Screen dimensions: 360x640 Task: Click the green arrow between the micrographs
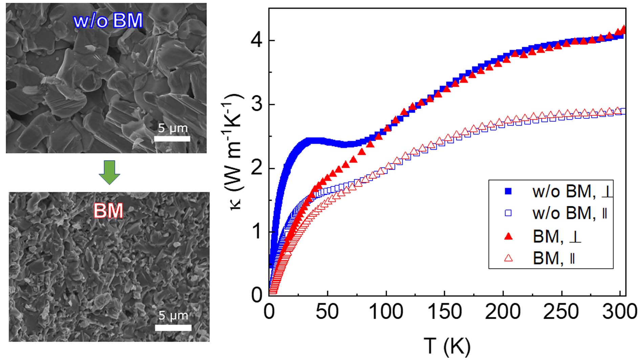(x=109, y=172)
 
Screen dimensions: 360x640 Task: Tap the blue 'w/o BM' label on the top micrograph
(x=108, y=21)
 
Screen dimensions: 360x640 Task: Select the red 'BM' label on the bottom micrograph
(x=108, y=211)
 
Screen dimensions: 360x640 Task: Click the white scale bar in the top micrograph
(x=172, y=139)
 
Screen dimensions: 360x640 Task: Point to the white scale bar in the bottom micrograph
(x=173, y=327)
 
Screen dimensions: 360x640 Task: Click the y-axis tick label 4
(x=256, y=41)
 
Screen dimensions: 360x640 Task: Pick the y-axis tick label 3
(x=256, y=105)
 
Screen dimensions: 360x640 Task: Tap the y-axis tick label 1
(x=256, y=232)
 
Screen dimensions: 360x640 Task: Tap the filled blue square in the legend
(x=508, y=191)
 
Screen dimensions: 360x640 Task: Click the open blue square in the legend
(x=508, y=213)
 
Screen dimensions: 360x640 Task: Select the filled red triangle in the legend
(x=508, y=236)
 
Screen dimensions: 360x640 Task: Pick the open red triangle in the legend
(x=508, y=258)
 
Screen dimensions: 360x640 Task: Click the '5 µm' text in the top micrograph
(x=173, y=128)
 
